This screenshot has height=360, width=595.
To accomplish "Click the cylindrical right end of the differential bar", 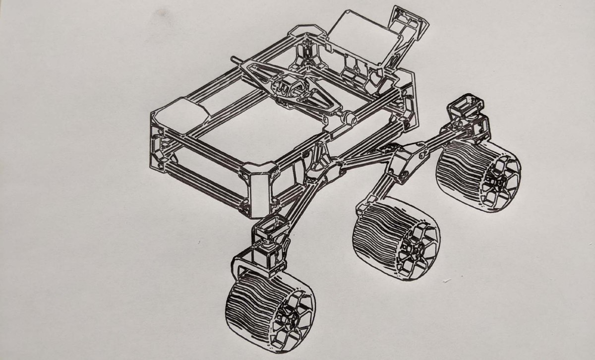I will (349, 119).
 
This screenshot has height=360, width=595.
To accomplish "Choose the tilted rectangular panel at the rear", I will (364, 40).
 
